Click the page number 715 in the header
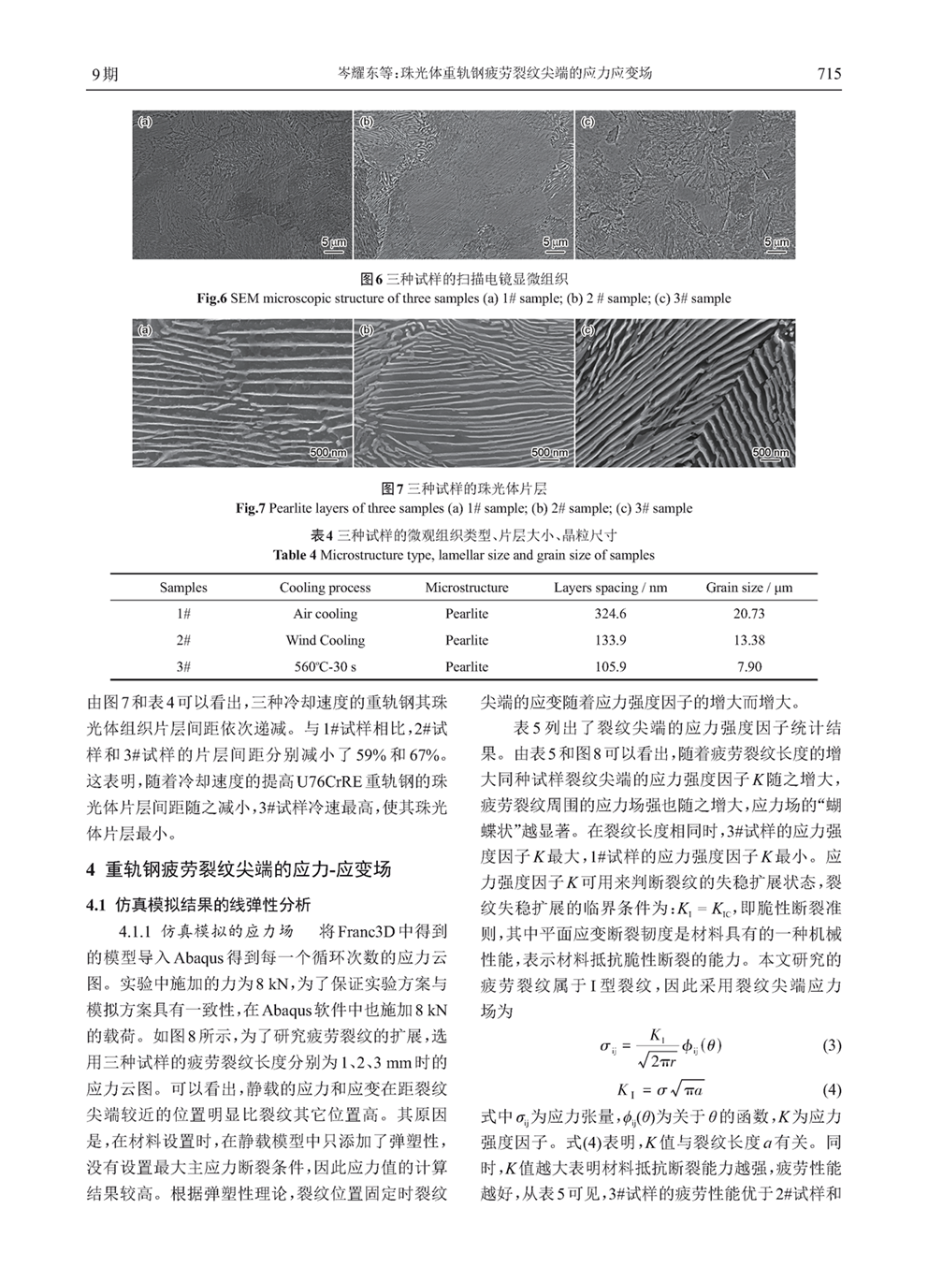[x=829, y=74]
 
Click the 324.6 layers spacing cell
[x=610, y=614]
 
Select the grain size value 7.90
[x=748, y=667]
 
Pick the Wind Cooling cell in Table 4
[x=325, y=641]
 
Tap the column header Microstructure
[x=466, y=588]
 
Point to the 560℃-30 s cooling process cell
[x=325, y=667]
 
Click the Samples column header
[x=183, y=588]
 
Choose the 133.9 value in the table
[x=610, y=641]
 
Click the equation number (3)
[x=832, y=1045]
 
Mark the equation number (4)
[x=832, y=1090]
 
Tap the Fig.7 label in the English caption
[x=251, y=509]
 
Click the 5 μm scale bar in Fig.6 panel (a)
[x=334, y=243]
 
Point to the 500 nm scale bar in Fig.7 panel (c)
[x=771, y=454]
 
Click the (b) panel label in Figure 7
[x=367, y=331]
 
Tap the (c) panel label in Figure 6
[x=588, y=123]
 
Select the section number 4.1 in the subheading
[x=98, y=905]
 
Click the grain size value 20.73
[x=748, y=614]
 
